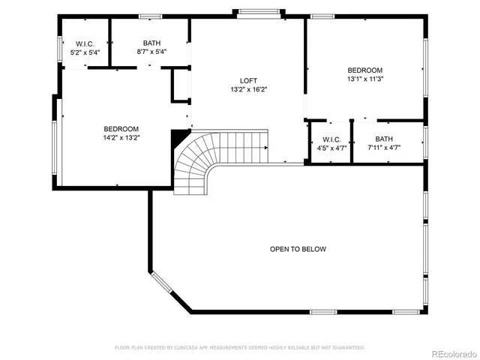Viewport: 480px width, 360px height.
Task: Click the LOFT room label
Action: [248, 80]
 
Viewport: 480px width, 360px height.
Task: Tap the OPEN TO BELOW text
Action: [298, 249]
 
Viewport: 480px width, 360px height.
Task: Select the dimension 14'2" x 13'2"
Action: [121, 137]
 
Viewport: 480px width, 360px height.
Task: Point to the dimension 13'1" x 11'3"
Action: [364, 79]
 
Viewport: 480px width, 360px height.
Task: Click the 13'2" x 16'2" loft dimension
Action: [248, 89]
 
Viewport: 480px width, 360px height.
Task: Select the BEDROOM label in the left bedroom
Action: [121, 128]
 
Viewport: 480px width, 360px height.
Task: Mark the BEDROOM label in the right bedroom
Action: [364, 70]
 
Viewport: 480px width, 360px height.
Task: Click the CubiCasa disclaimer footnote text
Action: [239, 348]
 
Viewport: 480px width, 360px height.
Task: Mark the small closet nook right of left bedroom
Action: [181, 84]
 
